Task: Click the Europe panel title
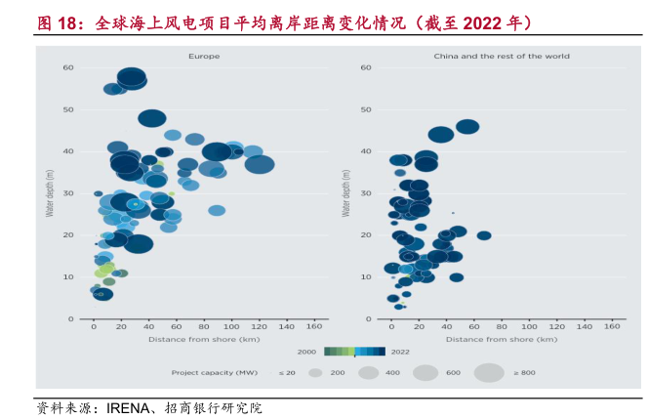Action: (x=204, y=57)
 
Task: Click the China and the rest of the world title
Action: (x=502, y=57)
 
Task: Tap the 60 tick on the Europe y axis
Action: (x=68, y=67)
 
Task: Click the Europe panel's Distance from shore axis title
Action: (x=203, y=340)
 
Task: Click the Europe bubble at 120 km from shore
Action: (x=259, y=164)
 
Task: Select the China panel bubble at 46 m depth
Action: (x=467, y=127)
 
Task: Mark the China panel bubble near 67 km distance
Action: (x=483, y=235)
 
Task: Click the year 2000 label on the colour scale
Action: (x=306, y=352)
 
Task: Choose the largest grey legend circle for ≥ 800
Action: (x=489, y=372)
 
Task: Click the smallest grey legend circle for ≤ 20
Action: (x=315, y=373)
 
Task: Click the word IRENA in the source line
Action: (x=128, y=408)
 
